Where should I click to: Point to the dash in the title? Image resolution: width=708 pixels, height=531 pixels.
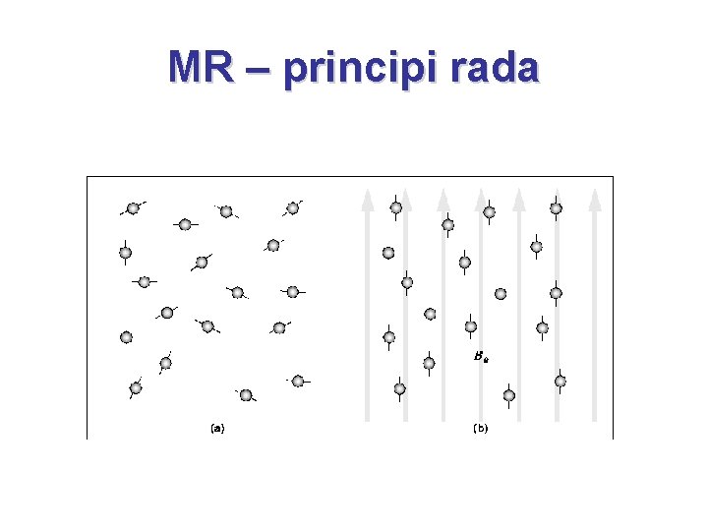[x=258, y=69]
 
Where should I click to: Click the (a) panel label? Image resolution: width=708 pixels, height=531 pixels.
[x=217, y=428]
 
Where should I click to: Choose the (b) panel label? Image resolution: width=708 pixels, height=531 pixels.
[x=481, y=428]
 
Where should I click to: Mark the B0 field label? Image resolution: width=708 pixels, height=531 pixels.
[x=480, y=358]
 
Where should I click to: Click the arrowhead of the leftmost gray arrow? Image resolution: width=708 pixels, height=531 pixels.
[x=368, y=199]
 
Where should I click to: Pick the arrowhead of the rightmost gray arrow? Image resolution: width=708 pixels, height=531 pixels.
[x=594, y=199]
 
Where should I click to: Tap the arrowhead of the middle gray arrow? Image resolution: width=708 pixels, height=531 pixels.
[x=481, y=199]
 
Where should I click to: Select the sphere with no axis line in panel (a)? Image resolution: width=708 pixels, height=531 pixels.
[x=126, y=337]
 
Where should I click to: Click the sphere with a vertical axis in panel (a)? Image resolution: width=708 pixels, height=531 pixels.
[x=126, y=253]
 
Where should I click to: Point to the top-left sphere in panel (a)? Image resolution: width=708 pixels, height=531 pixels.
[x=133, y=207]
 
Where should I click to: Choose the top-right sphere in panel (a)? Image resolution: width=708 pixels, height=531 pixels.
[x=292, y=207]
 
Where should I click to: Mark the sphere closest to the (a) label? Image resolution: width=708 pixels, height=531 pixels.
[x=246, y=395]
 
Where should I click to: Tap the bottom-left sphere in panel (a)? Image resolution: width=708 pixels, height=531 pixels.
[x=136, y=387]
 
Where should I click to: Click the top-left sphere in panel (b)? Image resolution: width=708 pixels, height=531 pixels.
[x=395, y=206]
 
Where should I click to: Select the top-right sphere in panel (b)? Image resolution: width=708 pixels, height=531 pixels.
[x=556, y=207]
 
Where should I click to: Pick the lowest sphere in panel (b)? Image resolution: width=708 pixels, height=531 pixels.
[x=508, y=395]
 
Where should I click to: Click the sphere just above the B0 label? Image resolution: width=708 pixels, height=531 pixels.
[x=470, y=326]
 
